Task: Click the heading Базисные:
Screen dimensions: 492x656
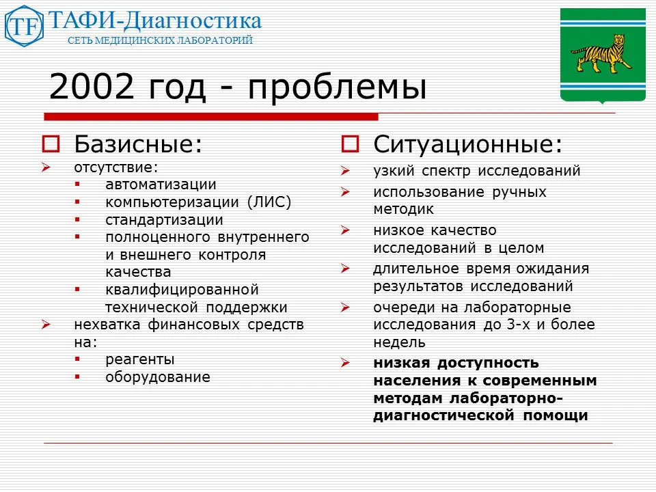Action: [x=138, y=144]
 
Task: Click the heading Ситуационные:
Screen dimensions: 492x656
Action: [x=468, y=144]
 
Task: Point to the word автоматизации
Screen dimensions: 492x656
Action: [x=161, y=184]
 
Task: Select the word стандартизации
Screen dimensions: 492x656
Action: [x=164, y=220]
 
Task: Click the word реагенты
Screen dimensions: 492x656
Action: [x=140, y=359]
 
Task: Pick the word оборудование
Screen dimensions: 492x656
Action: [x=158, y=377]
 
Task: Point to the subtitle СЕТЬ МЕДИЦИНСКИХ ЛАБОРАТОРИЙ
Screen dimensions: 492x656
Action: [x=160, y=40]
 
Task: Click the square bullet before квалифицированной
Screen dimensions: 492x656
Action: [x=77, y=290]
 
